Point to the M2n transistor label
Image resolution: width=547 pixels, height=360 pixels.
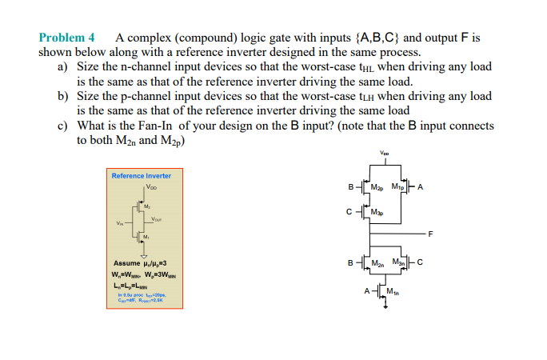(x=379, y=262)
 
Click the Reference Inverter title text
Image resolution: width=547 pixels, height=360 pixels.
(x=142, y=176)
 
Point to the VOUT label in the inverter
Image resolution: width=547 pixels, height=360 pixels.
(x=157, y=218)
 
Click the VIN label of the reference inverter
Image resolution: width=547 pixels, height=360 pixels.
(x=120, y=223)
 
